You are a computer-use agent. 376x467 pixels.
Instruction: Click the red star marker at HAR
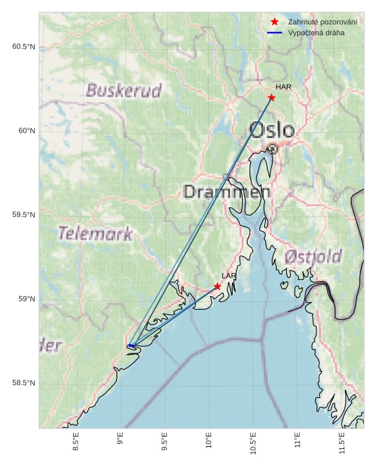pos(271,97)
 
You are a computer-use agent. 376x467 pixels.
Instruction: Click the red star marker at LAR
pos(217,287)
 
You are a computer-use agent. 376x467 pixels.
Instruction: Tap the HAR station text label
pos(283,87)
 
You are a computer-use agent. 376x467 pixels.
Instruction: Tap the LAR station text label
pos(229,276)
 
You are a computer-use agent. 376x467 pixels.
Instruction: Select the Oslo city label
pos(271,130)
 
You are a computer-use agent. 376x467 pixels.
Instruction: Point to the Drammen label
pos(227,192)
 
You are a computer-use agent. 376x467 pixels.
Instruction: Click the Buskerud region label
pos(124,90)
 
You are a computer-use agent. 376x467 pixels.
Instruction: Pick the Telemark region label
pos(95,234)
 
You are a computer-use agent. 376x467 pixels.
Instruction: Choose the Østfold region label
pos(312,257)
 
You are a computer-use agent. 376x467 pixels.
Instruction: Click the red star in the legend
pos(274,22)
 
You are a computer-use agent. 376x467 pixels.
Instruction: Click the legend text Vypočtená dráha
pos(316,32)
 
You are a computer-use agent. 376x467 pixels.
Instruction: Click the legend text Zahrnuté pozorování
pos(323,22)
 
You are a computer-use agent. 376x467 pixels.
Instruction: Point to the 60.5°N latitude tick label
pos(23,47)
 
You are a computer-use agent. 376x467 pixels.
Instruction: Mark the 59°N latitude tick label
pos(26,299)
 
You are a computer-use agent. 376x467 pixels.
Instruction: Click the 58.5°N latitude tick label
pos(23,384)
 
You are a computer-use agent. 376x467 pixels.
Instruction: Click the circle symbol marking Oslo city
pos(272,149)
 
